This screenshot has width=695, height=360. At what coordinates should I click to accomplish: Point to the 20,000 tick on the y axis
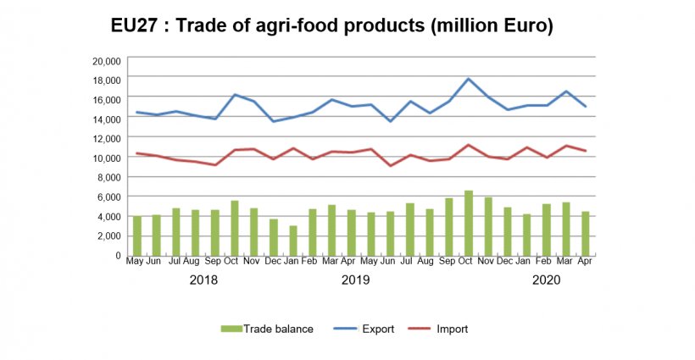tap(108, 60)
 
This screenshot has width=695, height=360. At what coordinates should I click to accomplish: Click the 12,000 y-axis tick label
tap(108, 138)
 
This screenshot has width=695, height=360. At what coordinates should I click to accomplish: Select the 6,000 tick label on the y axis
tap(110, 197)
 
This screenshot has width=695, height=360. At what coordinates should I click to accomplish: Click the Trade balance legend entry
tap(267, 329)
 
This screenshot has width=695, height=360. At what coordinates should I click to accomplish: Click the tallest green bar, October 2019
tap(469, 223)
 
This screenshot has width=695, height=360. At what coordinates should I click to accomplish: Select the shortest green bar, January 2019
tap(292, 240)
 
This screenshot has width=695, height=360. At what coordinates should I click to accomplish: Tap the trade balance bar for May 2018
tap(136, 235)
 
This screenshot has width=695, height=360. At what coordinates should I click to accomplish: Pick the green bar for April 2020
tap(586, 233)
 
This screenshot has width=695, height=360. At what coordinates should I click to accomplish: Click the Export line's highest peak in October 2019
tap(469, 79)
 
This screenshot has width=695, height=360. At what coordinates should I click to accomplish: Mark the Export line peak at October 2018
tap(234, 95)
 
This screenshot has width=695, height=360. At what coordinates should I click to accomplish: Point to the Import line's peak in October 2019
tap(469, 145)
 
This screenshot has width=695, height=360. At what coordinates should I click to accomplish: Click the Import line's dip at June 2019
tap(391, 165)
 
